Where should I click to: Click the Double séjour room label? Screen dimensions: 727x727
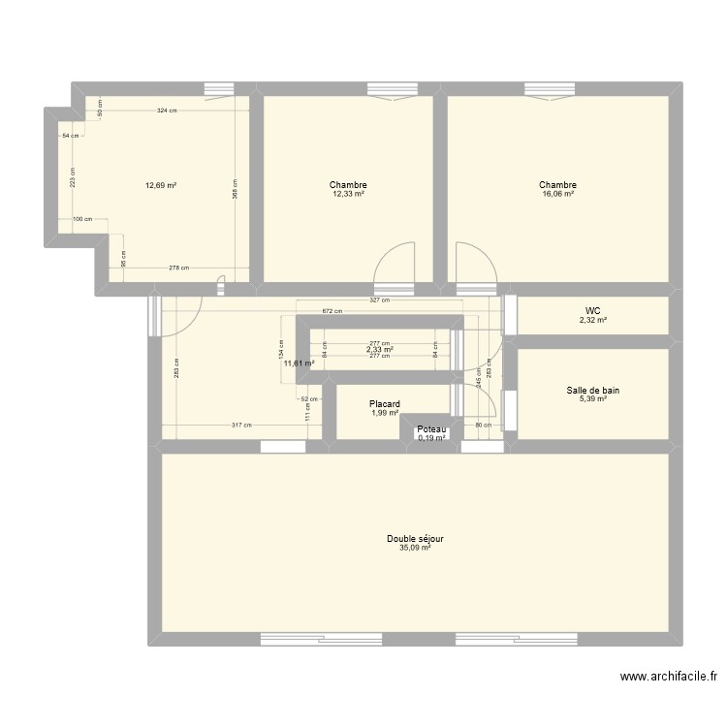pyautogui.click(x=415, y=539)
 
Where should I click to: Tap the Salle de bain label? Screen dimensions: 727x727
pyautogui.click(x=593, y=391)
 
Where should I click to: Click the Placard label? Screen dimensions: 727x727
pyautogui.click(x=385, y=404)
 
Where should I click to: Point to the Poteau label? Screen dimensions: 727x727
pyautogui.click(x=431, y=429)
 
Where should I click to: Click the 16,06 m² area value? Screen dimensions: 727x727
pyautogui.click(x=558, y=194)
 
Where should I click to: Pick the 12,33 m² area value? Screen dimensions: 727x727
pyautogui.click(x=348, y=194)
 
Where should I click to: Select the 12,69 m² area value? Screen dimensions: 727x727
pyautogui.click(x=161, y=185)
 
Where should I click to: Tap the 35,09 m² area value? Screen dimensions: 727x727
pyautogui.click(x=415, y=548)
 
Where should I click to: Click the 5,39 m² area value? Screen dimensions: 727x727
pyautogui.click(x=593, y=398)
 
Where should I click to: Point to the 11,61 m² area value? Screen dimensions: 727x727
pyautogui.click(x=299, y=363)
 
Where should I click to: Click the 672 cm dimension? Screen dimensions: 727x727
pyautogui.click(x=332, y=311)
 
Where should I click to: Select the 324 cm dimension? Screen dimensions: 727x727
pyautogui.click(x=167, y=111)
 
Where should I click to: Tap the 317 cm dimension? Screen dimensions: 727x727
pyautogui.click(x=241, y=425)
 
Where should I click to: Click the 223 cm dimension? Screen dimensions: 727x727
pyautogui.click(x=73, y=177)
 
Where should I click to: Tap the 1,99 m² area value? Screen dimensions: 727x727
pyautogui.click(x=385, y=413)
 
